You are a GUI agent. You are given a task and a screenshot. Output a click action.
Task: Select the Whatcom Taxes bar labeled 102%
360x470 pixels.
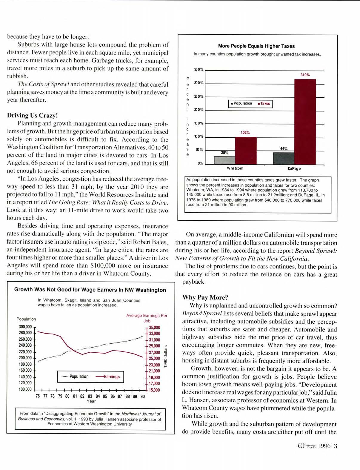(246, 150)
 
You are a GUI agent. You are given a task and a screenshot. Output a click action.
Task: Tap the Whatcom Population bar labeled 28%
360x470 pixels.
(224, 160)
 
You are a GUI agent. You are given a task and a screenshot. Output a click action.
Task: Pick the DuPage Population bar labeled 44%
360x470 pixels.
(283, 158)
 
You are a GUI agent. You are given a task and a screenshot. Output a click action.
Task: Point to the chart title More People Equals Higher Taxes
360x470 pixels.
(256, 46)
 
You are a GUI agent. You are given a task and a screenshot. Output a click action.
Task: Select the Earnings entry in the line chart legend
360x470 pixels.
(108, 377)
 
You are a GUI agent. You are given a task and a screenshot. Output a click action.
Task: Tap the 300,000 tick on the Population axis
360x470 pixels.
(25, 327)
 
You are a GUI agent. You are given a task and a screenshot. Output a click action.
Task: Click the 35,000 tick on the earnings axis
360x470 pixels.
(155, 327)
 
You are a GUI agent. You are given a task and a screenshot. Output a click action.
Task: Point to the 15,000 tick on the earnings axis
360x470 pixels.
(155, 390)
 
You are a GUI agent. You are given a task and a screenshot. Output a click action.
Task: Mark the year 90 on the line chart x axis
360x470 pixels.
(143, 396)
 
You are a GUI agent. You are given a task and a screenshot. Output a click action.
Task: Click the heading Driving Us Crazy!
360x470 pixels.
(33, 115)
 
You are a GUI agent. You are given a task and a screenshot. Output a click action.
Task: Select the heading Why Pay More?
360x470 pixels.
(205, 297)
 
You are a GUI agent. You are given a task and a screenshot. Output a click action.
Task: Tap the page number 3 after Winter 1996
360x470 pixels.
(336, 446)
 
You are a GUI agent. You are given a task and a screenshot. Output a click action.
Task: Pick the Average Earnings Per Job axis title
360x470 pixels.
(147, 318)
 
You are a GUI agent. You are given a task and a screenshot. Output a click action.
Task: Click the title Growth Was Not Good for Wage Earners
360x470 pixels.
(90, 290)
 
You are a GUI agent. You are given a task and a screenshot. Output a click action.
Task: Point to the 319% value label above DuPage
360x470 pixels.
(305, 75)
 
